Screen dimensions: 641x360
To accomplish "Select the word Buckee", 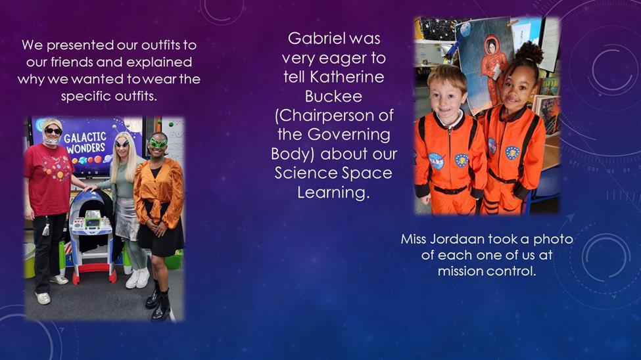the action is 333,97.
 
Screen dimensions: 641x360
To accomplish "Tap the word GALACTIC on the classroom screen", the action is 85,137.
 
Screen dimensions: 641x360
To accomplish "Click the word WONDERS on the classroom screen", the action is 85,148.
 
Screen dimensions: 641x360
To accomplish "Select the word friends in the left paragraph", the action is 72,62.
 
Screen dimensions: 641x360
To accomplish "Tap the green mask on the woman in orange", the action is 158,143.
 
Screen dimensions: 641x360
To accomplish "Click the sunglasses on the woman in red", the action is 53,131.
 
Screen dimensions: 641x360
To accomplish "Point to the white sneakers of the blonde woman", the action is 137,279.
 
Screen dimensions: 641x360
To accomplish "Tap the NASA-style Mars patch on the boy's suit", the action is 436,161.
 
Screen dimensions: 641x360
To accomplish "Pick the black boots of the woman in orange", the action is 158,302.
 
